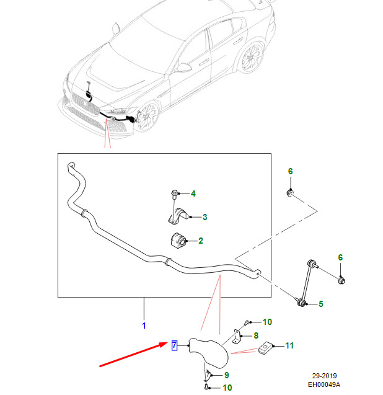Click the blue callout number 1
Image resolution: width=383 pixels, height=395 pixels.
(144, 325)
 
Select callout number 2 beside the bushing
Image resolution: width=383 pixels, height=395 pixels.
(201, 241)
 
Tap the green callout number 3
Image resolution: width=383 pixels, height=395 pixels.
(205, 217)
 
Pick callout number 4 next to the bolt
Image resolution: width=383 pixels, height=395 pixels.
(193, 194)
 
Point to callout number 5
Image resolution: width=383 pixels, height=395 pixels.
(321, 304)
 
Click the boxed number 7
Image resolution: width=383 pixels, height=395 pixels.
(174, 345)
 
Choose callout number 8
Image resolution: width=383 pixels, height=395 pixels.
(256, 336)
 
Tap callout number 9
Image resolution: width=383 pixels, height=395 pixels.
(227, 375)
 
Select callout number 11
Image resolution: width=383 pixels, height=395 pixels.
(289, 345)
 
